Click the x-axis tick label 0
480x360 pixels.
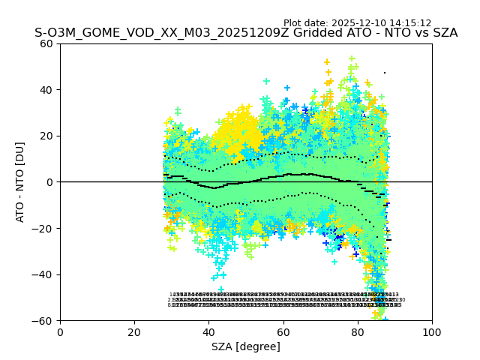click(60, 331)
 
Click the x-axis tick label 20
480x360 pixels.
click(134, 331)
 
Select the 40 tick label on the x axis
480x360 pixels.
click(208, 331)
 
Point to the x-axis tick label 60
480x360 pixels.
click(283, 331)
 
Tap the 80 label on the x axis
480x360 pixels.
click(357, 331)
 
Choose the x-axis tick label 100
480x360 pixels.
click(432, 331)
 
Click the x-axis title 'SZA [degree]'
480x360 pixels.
click(246, 346)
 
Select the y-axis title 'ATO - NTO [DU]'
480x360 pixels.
click(20, 182)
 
